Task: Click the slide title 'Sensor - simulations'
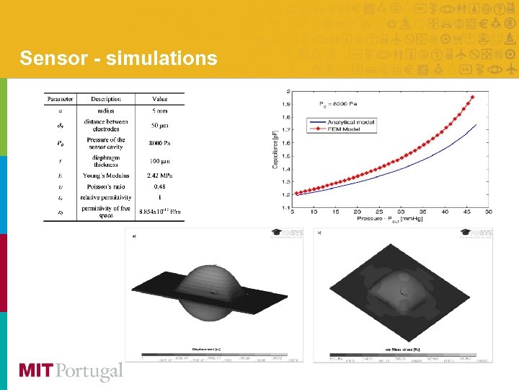118,58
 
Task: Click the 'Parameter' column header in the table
60,99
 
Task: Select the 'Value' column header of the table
159,99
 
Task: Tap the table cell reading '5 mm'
159,110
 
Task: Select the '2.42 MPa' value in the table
159,175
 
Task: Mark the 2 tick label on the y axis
288,92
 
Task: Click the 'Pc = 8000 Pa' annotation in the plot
337,105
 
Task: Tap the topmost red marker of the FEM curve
473,97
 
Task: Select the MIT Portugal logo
71,371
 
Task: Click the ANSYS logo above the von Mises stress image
476,233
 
